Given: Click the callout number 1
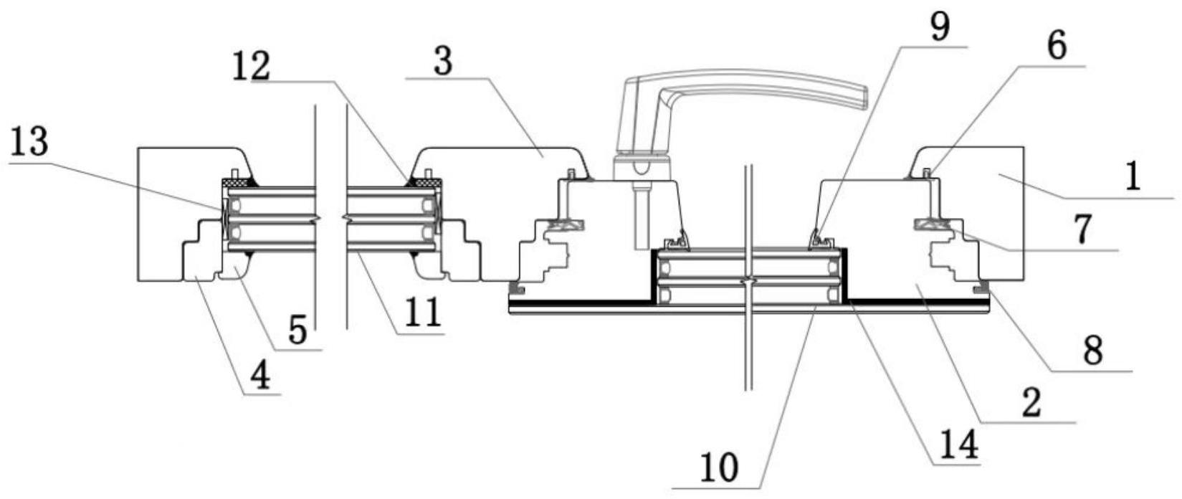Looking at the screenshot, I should tap(1132, 176).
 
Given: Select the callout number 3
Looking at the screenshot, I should tap(443, 62).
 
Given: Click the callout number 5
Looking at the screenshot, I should tap(297, 331).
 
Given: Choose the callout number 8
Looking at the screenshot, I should tap(1092, 351).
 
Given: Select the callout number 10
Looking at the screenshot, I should tap(718, 469).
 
